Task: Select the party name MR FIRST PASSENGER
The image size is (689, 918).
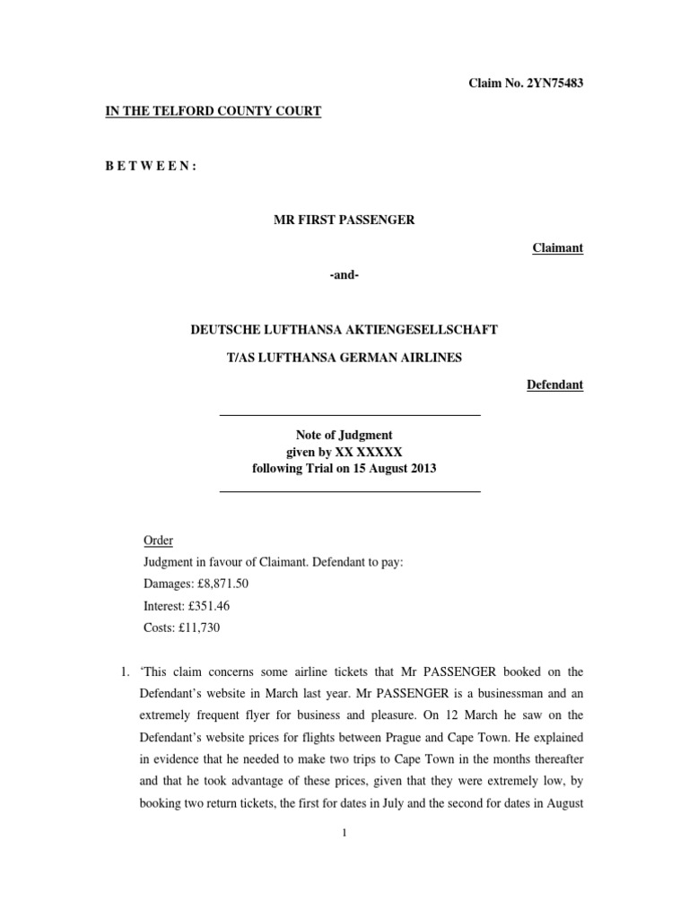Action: click(x=344, y=221)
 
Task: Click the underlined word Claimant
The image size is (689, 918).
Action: click(x=558, y=248)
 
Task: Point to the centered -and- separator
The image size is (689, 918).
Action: click(x=344, y=275)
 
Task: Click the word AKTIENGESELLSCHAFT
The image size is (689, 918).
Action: click(x=426, y=330)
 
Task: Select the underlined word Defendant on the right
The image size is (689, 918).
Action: click(x=554, y=385)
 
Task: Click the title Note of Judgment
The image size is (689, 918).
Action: click(x=344, y=435)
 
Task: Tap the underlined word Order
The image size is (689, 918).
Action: click(x=159, y=541)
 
